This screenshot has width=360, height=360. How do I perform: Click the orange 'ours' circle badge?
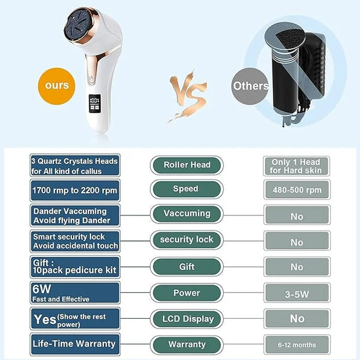coord(57,86)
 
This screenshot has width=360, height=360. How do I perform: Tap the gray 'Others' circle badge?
coord(250,86)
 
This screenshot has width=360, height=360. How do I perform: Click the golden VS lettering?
coord(188,95)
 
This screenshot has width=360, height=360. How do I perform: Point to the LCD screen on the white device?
coord(95,103)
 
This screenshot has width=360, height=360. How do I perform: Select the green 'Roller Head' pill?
coord(186,165)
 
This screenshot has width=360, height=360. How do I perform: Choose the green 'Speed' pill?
coord(186,189)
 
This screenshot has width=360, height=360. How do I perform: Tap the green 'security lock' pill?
coord(186,240)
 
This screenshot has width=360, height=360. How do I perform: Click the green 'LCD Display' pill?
coord(186,319)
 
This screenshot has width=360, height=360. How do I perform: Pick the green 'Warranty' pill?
coord(186,345)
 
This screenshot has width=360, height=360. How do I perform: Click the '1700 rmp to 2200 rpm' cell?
coord(75,190)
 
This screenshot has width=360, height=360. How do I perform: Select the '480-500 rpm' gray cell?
coord(297,190)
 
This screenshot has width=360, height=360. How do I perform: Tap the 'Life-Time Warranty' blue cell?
coord(75,344)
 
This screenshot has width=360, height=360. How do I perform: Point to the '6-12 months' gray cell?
coord(297,345)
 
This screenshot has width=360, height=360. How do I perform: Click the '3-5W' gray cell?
coord(297,293)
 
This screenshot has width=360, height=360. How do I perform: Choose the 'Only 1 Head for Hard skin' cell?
coord(296,166)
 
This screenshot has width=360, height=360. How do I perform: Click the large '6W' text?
coord(42,289)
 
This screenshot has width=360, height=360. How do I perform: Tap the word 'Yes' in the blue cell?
coord(45,319)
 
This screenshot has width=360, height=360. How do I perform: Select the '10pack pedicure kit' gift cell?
coord(75,267)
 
